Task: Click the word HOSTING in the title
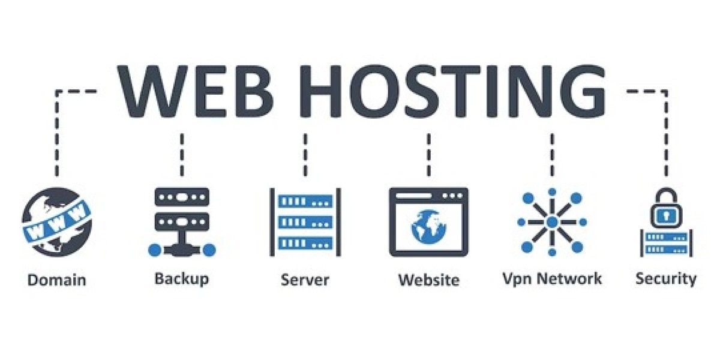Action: point(452,91)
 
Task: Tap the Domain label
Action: point(57,280)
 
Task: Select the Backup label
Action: point(182,278)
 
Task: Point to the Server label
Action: point(305,280)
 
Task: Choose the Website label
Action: point(429,280)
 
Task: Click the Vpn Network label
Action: point(552,278)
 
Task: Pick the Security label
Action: point(666,278)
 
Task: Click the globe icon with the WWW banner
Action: point(57,222)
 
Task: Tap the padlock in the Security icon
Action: point(667,208)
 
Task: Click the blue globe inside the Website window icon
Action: point(428,227)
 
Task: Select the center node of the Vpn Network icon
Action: point(552,222)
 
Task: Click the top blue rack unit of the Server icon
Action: point(305,202)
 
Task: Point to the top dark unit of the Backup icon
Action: point(182,197)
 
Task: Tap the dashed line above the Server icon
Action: point(305,155)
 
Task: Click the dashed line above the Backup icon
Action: point(182,155)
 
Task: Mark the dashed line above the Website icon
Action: point(428,155)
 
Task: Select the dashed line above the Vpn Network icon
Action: point(552,155)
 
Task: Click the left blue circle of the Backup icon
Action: point(155,250)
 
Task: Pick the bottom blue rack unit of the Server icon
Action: point(305,244)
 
